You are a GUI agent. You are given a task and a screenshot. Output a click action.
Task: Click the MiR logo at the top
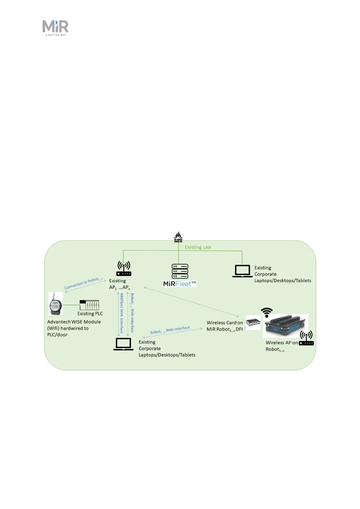point(56,27)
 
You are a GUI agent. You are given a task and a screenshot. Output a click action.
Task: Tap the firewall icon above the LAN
point(178,237)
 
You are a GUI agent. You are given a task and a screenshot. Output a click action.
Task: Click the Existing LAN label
point(198,247)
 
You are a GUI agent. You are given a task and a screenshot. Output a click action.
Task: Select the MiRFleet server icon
point(180,271)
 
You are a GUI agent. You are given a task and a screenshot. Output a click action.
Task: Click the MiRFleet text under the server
point(180,284)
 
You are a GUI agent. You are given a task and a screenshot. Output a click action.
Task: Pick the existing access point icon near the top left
point(124,268)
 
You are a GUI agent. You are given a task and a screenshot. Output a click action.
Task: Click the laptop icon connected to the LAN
point(242,271)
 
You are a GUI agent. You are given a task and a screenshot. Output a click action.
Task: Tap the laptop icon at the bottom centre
point(123,344)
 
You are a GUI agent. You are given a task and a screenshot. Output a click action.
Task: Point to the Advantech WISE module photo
point(56,303)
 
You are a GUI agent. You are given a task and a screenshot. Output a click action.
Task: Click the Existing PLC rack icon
point(89,305)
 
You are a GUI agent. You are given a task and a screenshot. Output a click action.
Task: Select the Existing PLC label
point(90,314)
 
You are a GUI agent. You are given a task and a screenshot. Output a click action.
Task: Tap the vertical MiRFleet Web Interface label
point(122,313)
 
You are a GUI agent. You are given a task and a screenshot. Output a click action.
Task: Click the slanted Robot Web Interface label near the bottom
point(170,330)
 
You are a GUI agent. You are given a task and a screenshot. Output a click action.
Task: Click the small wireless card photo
point(253,323)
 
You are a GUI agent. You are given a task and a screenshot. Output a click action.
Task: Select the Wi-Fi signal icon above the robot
point(267,312)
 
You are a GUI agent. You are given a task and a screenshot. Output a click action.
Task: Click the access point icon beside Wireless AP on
point(306,338)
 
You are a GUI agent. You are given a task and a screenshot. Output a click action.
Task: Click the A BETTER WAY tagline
point(56,35)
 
